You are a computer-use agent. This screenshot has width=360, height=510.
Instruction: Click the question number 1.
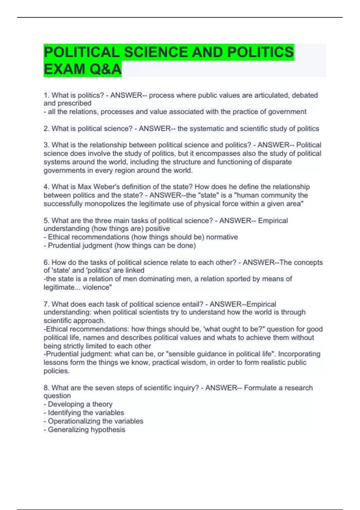pyautogui.click(x=46, y=95)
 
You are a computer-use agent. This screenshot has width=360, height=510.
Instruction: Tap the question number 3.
pyautogui.click(x=46, y=145)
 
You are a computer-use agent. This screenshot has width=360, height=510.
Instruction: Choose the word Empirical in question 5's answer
pyautogui.click(x=273, y=221)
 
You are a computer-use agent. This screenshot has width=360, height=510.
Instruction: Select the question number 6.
pyautogui.click(x=46, y=262)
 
